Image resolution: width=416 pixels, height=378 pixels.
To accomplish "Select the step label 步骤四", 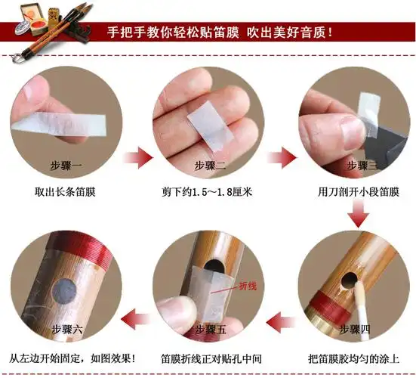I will point(356,330).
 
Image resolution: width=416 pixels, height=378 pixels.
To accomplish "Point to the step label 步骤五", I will point(209,330).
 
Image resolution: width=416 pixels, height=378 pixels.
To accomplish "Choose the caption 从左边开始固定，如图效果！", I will point(72,358).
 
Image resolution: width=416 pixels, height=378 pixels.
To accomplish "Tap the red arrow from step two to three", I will point(280,160).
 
